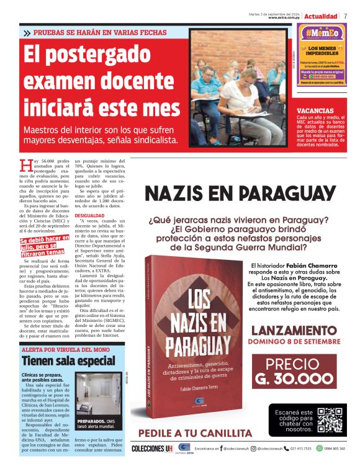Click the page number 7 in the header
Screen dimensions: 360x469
click(x=346, y=16)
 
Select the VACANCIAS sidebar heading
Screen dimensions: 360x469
click(x=317, y=110)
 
